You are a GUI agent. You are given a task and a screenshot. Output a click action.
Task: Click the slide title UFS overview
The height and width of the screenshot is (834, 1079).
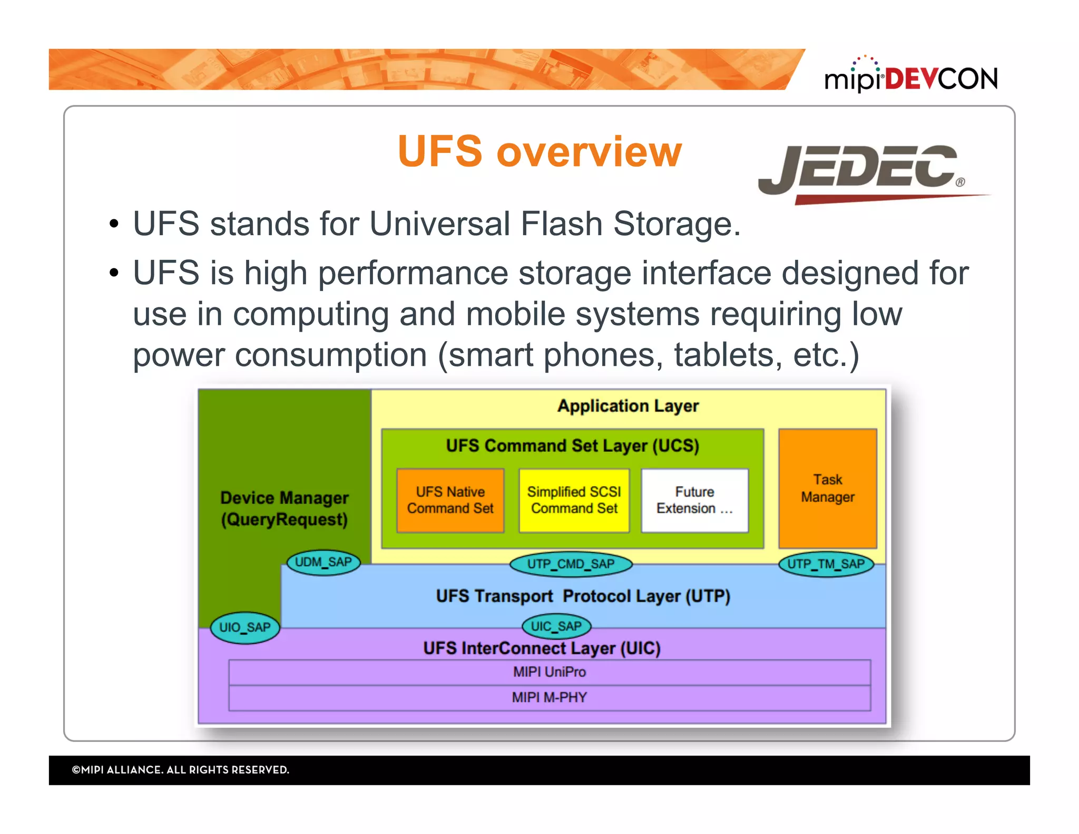[x=539, y=152]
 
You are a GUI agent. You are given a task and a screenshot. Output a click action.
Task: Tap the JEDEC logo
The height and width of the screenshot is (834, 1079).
[x=864, y=171]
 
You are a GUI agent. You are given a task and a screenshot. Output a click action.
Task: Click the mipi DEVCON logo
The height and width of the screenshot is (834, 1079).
[x=910, y=77]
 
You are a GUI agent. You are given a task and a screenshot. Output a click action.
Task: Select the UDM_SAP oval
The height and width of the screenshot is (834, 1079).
[x=323, y=563]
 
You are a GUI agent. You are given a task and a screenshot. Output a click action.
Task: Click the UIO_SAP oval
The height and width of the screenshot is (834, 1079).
[x=244, y=627]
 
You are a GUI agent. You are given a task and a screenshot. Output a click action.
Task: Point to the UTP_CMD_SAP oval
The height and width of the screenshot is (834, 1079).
[x=571, y=564]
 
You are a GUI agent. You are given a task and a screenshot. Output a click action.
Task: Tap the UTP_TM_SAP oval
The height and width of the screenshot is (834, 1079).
[x=826, y=564]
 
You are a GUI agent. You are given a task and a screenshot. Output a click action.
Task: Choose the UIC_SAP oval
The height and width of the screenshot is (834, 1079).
[x=556, y=626]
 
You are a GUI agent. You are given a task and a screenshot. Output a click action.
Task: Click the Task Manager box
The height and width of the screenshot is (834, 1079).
[x=827, y=488]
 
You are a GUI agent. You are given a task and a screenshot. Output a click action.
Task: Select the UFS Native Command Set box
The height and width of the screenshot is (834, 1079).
[x=450, y=500]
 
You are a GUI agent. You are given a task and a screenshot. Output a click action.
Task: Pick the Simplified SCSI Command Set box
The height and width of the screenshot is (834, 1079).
[x=574, y=500]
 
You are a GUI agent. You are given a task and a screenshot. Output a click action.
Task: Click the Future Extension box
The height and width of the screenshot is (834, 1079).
[x=694, y=500]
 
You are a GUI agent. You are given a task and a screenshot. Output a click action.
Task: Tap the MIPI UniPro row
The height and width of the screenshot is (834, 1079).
[x=549, y=672]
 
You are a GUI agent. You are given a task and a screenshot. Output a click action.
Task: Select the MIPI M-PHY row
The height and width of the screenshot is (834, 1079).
[x=549, y=697]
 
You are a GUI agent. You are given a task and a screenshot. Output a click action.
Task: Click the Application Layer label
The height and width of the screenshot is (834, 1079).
[x=628, y=406]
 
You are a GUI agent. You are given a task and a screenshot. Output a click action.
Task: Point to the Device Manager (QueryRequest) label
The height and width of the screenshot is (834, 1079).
[x=285, y=508]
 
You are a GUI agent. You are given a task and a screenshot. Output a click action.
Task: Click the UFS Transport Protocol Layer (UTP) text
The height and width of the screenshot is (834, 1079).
[x=583, y=596]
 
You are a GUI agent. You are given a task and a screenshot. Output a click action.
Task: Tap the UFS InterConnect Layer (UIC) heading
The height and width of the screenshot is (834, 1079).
[x=542, y=648]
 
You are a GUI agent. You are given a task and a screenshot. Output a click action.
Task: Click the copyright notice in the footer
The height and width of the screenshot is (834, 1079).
[x=180, y=770]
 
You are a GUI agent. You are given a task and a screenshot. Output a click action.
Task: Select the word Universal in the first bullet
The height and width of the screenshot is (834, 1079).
[x=439, y=224]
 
